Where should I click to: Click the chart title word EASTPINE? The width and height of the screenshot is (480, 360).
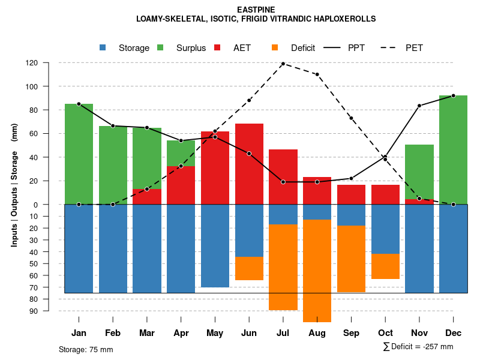(x=256, y=10)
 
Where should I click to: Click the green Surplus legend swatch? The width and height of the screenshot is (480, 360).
(x=161, y=47)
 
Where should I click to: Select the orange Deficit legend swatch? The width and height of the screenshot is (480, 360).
(x=275, y=47)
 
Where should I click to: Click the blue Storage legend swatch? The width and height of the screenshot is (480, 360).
(x=103, y=47)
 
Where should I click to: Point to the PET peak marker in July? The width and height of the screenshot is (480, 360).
(x=283, y=64)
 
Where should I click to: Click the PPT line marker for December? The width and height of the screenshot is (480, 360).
(x=453, y=95)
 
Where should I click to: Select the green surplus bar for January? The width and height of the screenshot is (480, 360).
(x=79, y=154)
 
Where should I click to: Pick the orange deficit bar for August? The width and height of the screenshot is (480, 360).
(x=317, y=271)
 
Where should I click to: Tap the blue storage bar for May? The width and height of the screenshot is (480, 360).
(x=215, y=246)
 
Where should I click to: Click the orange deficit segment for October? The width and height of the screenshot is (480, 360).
(x=385, y=266)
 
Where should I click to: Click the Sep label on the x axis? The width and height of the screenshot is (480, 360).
(x=351, y=333)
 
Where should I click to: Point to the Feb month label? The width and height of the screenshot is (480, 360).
(x=113, y=333)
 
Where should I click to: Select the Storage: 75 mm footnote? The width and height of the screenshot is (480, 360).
(x=86, y=349)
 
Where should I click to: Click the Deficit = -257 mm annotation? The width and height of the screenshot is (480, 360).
(x=418, y=346)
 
